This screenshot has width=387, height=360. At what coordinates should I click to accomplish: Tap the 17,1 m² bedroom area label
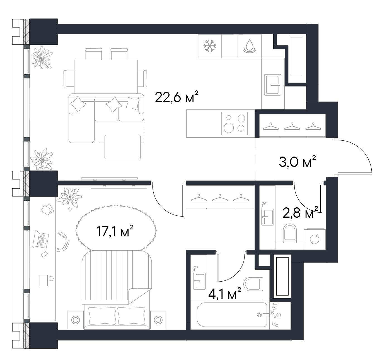pos(115,231)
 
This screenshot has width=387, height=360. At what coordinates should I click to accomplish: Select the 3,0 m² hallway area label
pos(297,162)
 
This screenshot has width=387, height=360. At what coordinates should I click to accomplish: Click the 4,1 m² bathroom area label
pos(225,294)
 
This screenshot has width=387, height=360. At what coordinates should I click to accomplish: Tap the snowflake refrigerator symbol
pos(210,46)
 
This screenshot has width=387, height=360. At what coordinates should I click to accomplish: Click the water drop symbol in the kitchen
pos(250,46)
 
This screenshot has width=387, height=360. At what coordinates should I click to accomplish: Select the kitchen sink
pos(273,85)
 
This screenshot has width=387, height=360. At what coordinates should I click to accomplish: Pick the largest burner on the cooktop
pos(229,128)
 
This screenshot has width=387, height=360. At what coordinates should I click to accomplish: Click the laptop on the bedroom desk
pos(40,239)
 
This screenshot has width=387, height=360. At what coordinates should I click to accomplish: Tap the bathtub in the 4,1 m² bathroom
pos(232,315)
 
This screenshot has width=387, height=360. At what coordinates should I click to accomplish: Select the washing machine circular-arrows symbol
pos(315,239)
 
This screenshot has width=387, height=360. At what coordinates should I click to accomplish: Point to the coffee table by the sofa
pos(123,147)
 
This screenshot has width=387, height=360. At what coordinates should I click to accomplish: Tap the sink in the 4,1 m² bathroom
pos(199,281)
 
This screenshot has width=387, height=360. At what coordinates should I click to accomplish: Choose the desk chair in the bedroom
pos(62,241)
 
